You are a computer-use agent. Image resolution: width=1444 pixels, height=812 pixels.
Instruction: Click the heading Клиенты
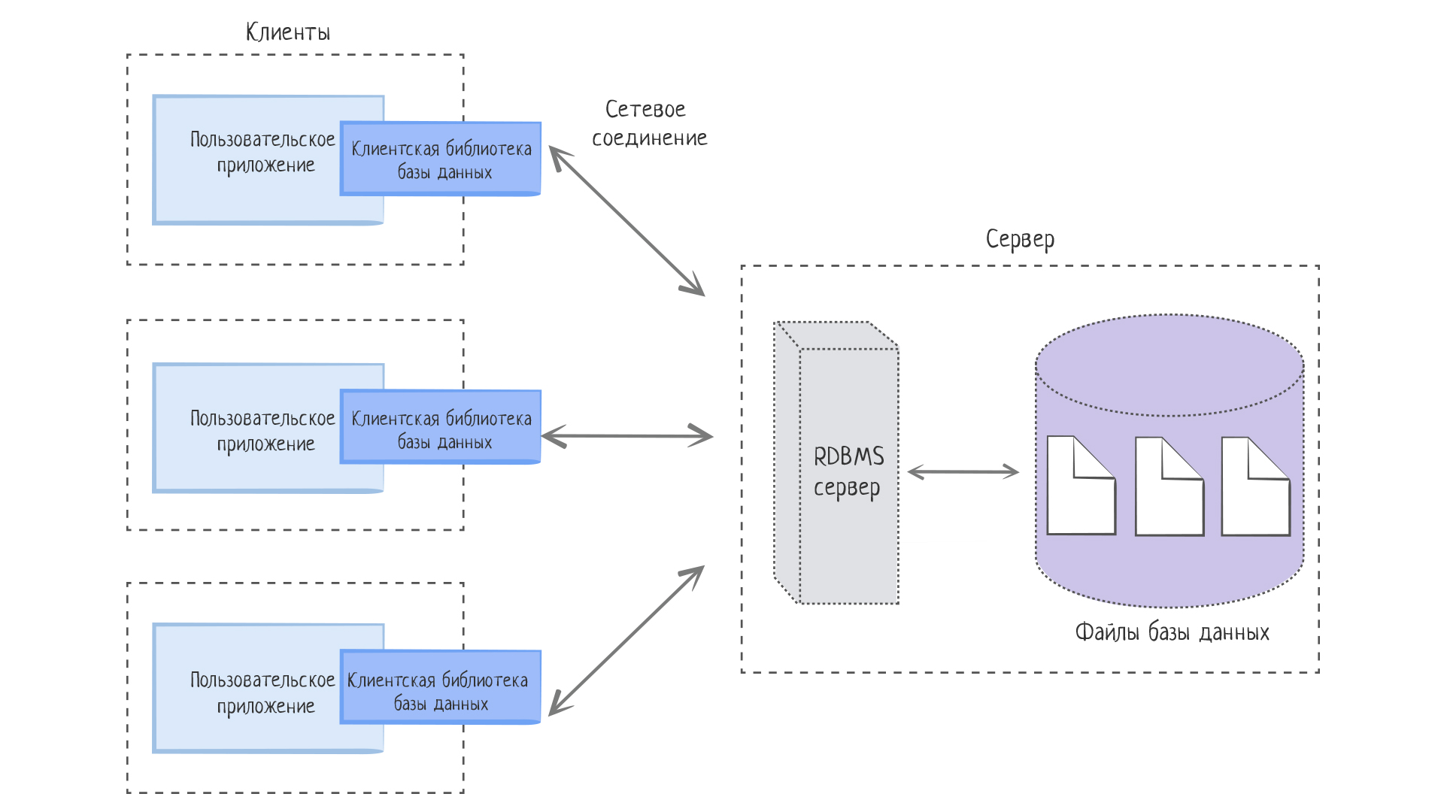[288, 32]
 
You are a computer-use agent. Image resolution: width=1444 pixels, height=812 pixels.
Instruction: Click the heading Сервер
[1020, 239]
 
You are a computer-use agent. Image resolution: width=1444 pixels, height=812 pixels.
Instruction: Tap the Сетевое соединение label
[649, 124]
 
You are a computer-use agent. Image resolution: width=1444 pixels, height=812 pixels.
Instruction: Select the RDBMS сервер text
[848, 471]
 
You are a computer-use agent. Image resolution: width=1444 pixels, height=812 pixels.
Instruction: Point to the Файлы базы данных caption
[1172, 632]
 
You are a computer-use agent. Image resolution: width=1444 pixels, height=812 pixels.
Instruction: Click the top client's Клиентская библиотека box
[441, 159]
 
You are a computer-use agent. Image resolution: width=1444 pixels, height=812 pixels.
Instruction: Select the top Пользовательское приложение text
[263, 152]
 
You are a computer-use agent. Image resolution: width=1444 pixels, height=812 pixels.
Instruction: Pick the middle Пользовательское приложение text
[263, 431]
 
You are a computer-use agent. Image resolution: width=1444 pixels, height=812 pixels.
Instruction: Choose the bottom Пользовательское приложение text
[263, 692]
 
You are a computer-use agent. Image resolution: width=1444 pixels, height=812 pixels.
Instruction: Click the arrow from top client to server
[626, 221]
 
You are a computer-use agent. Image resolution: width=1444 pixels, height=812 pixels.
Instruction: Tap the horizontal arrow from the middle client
[626, 436]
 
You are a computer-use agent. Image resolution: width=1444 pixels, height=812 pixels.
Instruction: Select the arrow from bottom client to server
[626, 641]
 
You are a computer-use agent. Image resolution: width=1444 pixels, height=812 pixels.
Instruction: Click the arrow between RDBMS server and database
[963, 472]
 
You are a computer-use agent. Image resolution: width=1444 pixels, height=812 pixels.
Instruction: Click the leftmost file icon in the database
[1080, 487]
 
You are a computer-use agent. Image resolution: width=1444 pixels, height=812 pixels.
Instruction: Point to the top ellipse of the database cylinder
[1169, 365]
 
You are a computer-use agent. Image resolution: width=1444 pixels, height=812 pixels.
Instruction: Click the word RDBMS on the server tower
[849, 456]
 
